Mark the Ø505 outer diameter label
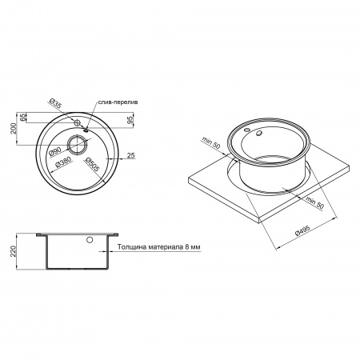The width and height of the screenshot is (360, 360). (90, 165)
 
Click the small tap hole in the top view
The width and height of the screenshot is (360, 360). (78, 122)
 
